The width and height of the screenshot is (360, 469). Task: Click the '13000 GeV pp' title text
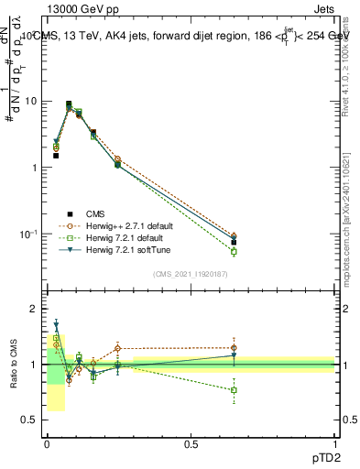tap(83, 7)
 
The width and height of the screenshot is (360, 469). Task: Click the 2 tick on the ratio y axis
tap(34, 309)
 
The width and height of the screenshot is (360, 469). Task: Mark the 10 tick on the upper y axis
tap(32, 101)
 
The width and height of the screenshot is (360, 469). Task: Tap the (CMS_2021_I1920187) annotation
tap(191, 273)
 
